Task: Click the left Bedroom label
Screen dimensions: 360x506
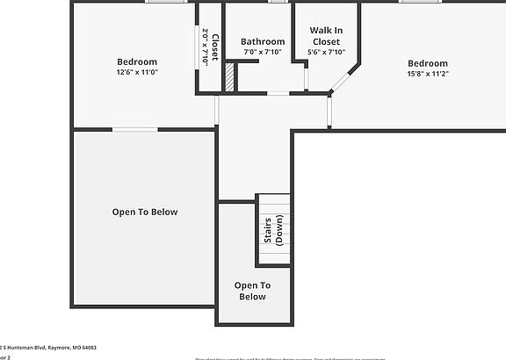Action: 137,61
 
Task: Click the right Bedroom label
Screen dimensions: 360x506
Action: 427,63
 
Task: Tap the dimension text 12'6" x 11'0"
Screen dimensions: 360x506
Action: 137,73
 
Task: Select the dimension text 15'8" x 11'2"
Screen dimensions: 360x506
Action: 427,75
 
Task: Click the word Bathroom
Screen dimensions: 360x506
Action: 263,41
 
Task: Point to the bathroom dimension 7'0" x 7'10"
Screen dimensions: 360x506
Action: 263,52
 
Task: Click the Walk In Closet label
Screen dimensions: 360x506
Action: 325,35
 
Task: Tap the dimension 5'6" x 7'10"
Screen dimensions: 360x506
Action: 326,52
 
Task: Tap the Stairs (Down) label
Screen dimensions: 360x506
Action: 273,229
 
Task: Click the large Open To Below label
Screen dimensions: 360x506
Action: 145,212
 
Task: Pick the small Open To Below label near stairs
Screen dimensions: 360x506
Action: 251,291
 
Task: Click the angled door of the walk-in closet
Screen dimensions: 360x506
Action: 339,82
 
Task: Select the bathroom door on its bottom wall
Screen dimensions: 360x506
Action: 278,92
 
